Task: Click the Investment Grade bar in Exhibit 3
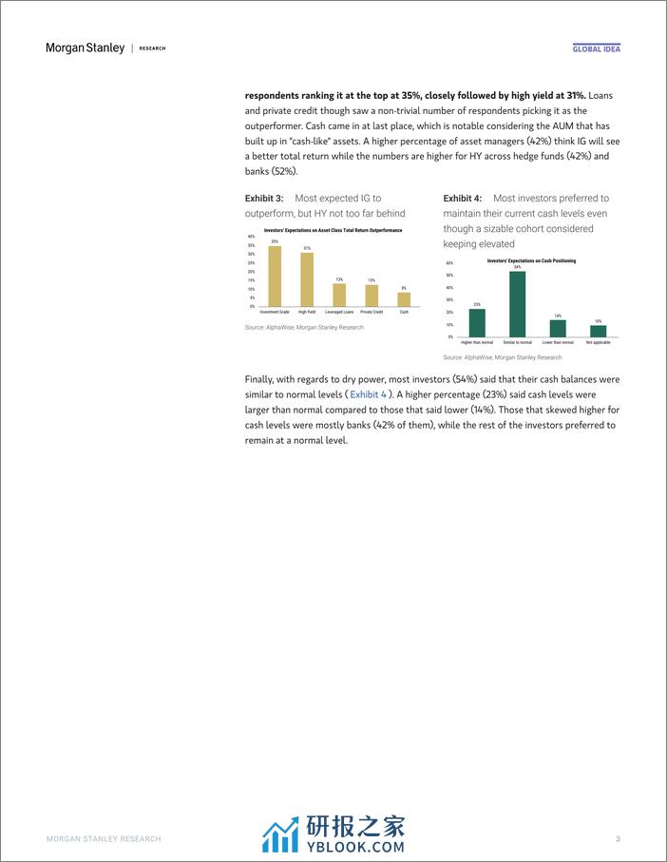click(x=275, y=277)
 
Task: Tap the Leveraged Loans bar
click(x=339, y=295)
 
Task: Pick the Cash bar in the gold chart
click(x=404, y=299)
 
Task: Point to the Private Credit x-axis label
click(x=372, y=312)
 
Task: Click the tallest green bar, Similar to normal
click(x=518, y=304)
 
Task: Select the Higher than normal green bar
click(x=477, y=322)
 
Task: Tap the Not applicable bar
click(x=598, y=331)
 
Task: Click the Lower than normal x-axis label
click(x=558, y=342)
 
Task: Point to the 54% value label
click(x=518, y=268)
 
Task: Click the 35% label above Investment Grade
click(x=275, y=242)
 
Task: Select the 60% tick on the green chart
click(x=449, y=263)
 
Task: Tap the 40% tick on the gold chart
click(x=251, y=236)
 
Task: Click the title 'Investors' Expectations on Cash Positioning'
click(x=531, y=260)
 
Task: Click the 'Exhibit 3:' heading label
click(x=264, y=199)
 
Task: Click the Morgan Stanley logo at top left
click(x=85, y=48)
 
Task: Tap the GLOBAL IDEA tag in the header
click(x=597, y=48)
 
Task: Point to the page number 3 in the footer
click(x=618, y=838)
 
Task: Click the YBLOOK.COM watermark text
click(x=354, y=846)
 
